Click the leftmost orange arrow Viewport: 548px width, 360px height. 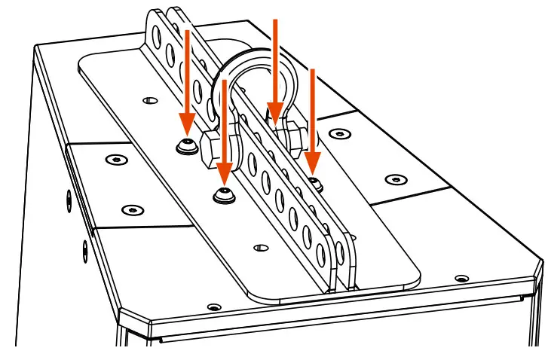187,83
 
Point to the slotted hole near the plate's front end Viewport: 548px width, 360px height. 262,247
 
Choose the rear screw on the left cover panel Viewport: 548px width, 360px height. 115,160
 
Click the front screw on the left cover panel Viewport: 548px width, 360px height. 132,209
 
